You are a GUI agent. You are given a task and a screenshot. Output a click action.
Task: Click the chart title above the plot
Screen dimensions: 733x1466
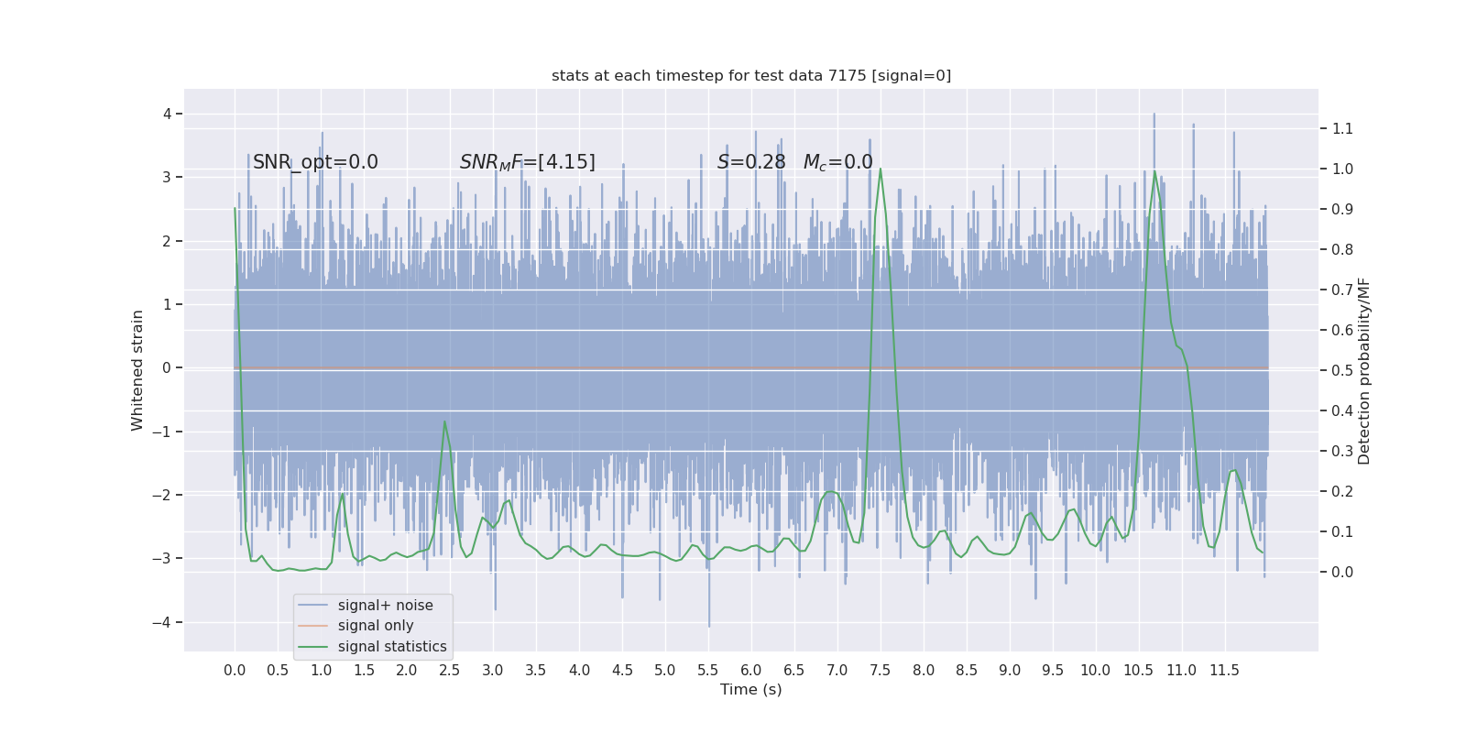[751, 76]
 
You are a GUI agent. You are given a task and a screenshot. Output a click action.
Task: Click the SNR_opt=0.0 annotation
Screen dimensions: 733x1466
[315, 162]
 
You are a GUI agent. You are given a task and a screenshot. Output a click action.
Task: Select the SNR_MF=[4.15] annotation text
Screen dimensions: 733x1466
[527, 162]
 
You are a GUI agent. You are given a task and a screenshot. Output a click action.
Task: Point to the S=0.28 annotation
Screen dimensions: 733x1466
[751, 162]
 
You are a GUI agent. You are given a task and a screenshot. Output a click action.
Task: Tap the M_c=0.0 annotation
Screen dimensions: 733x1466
[837, 162]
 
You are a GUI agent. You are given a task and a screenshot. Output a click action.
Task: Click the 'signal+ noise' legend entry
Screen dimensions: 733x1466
[385, 606]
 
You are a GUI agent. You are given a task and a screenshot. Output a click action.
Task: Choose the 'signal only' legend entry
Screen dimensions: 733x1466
[376, 626]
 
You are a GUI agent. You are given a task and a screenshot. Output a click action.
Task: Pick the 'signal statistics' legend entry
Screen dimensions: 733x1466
[392, 647]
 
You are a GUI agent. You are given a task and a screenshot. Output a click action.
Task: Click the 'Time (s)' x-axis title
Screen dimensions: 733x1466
[751, 689]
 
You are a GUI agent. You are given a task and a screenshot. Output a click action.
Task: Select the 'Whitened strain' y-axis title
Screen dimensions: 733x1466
[137, 370]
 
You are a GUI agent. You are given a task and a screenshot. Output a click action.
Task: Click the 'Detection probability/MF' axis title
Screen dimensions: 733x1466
[1364, 370]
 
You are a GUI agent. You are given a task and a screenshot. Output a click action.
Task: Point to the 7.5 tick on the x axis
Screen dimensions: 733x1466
[881, 670]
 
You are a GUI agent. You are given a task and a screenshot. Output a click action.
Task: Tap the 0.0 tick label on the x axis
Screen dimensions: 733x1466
[235, 670]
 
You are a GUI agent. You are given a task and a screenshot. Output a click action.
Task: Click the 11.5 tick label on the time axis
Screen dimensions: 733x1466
[1224, 670]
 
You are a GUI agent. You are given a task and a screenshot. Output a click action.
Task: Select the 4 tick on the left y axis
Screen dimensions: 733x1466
[168, 114]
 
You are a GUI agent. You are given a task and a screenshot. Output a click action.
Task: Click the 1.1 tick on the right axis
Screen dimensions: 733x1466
[1342, 128]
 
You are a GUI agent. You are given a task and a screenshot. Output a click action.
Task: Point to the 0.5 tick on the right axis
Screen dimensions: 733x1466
[1342, 370]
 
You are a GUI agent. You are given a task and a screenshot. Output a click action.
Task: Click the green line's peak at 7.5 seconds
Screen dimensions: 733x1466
[881, 170]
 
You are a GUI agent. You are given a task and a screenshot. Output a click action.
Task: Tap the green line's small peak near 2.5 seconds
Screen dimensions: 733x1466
[444, 422]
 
